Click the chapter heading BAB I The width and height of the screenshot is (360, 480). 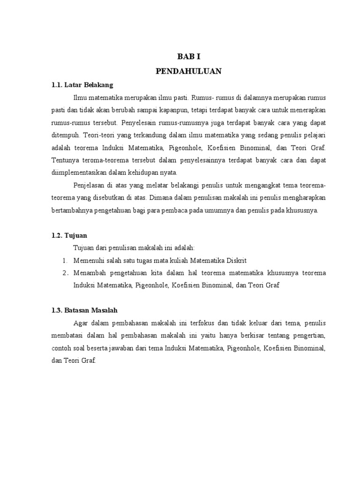[x=188, y=57]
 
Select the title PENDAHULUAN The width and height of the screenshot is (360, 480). [x=188, y=71]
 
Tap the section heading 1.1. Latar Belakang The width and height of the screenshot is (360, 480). [x=82, y=85]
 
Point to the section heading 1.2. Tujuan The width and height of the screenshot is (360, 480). [x=69, y=235]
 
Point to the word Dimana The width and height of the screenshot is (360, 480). [x=161, y=198]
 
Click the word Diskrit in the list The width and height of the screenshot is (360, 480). [x=236, y=260]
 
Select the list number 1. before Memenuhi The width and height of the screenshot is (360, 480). [x=65, y=260]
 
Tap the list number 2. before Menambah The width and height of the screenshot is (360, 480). [x=65, y=273]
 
